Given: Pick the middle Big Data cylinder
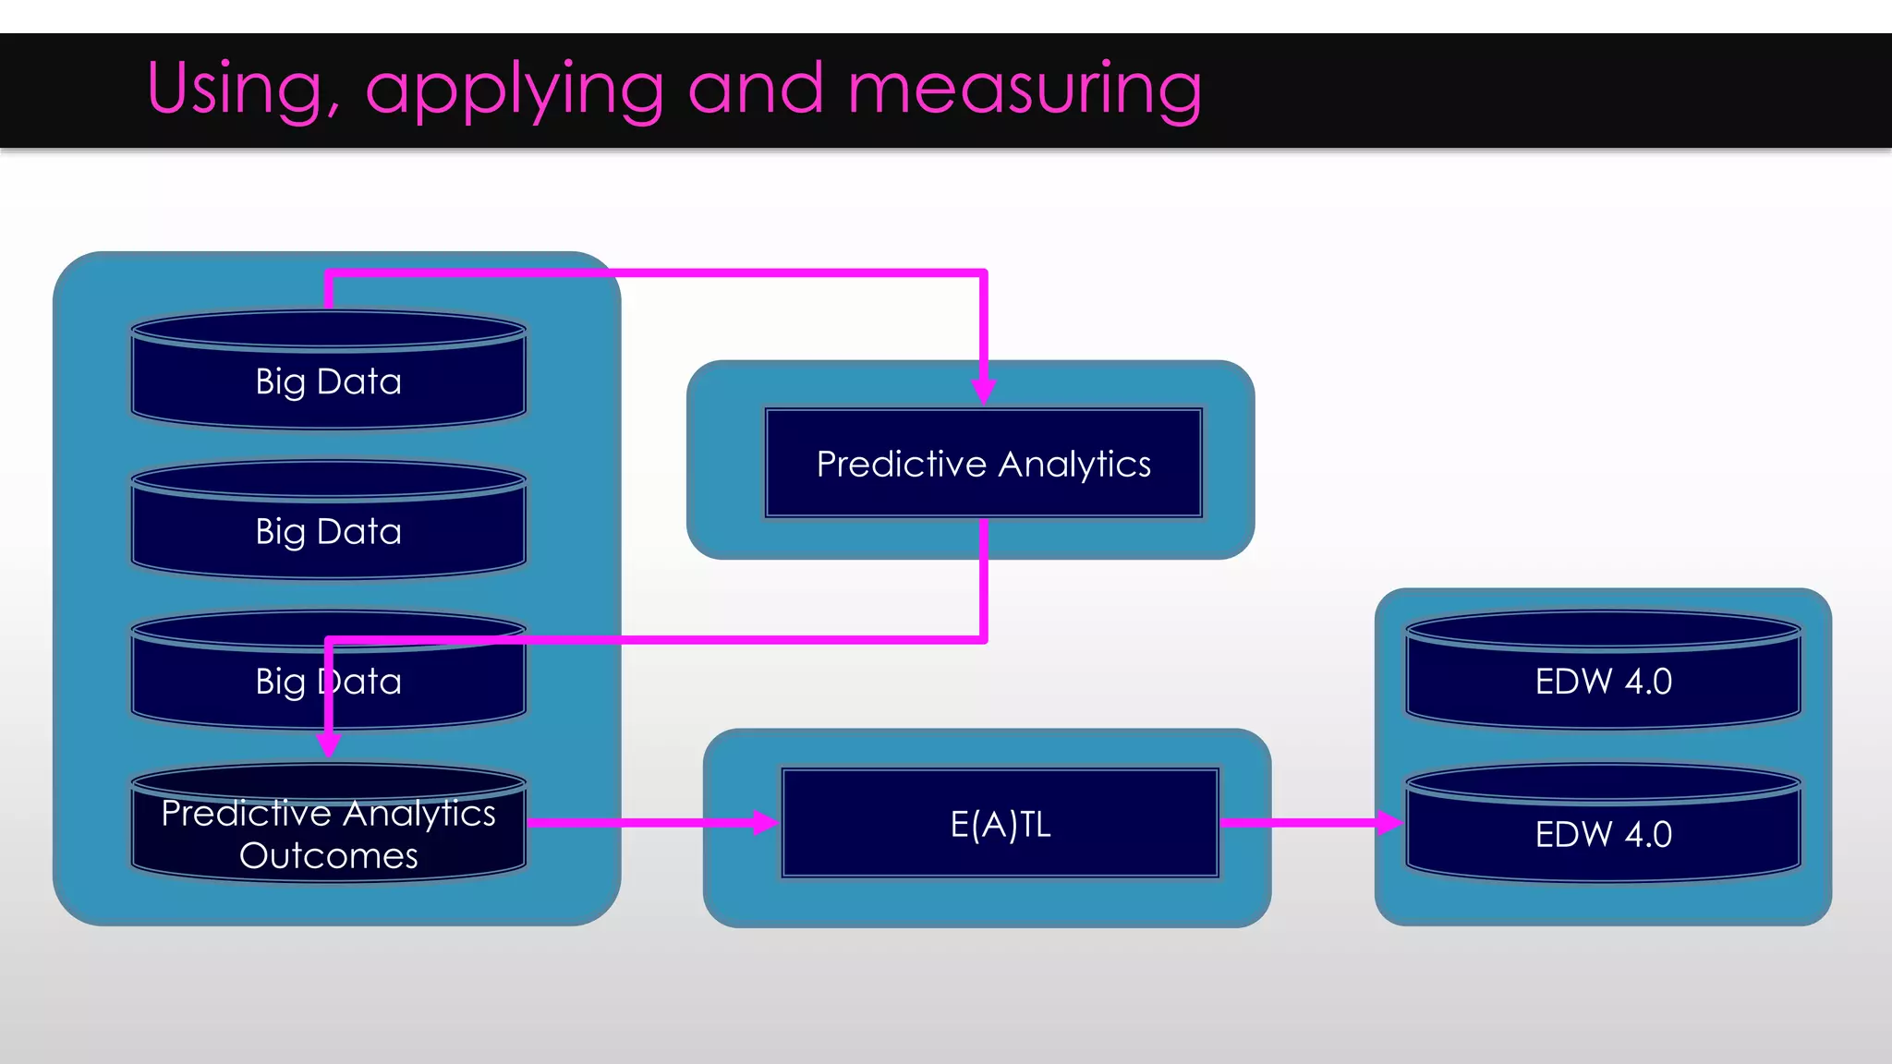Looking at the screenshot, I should tap(328, 523).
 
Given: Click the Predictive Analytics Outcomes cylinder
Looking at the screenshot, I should tap(328, 827).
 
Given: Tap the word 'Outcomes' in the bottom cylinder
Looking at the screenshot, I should tap(328, 856).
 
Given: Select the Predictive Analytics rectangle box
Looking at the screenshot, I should tap(983, 464).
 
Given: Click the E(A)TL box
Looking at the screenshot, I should tap(1000, 823).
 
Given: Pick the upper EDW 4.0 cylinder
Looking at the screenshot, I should tap(1603, 672).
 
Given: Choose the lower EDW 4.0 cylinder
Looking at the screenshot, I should tap(1603, 825).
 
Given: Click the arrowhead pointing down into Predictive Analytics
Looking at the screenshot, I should tap(983, 390).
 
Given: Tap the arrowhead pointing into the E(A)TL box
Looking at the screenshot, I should tap(765, 822).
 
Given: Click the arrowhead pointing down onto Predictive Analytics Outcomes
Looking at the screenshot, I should tap(328, 744).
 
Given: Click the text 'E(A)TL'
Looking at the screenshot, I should tap(1000, 825).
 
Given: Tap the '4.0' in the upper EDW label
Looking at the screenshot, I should tap(1648, 682).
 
